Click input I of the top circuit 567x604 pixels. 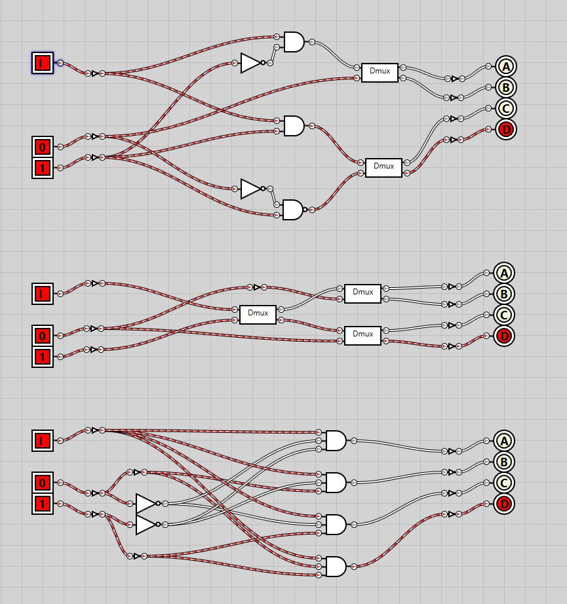43,63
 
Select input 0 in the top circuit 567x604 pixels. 43,147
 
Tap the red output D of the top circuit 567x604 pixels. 505,130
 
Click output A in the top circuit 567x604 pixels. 505,66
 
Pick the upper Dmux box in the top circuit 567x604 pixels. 380,73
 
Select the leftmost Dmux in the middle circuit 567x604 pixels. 258,314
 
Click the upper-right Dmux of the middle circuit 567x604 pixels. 362,293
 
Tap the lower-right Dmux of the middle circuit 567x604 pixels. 362,335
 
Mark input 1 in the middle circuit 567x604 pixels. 43,357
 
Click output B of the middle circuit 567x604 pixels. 503,294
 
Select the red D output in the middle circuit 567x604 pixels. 503,336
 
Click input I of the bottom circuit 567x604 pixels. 43,441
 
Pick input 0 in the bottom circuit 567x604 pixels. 43,483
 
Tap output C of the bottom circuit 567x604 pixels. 503,483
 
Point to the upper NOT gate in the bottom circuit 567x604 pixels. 146,504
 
